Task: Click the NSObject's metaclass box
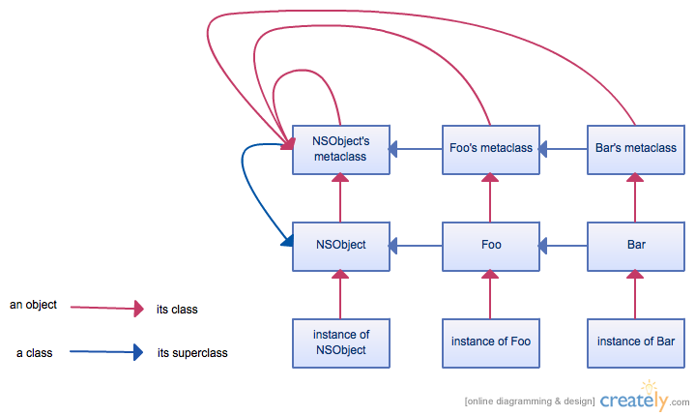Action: pyautogui.click(x=341, y=149)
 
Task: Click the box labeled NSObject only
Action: pyautogui.click(x=341, y=245)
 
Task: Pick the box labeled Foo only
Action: pyautogui.click(x=490, y=245)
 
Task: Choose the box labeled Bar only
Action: pyautogui.click(x=635, y=245)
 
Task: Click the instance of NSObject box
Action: pyautogui.click(x=341, y=342)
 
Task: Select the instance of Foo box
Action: pyautogui.click(x=490, y=342)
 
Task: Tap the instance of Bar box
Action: pyautogui.click(x=635, y=342)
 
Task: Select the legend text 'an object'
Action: pyautogui.click(x=34, y=305)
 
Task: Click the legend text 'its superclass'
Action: pyautogui.click(x=192, y=353)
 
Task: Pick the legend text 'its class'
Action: pyautogui.click(x=177, y=310)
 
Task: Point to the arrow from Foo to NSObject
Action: pyautogui.click(x=417, y=246)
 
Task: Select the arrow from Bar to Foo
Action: pyautogui.click(x=563, y=246)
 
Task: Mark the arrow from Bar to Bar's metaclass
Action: pyautogui.click(x=635, y=197)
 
